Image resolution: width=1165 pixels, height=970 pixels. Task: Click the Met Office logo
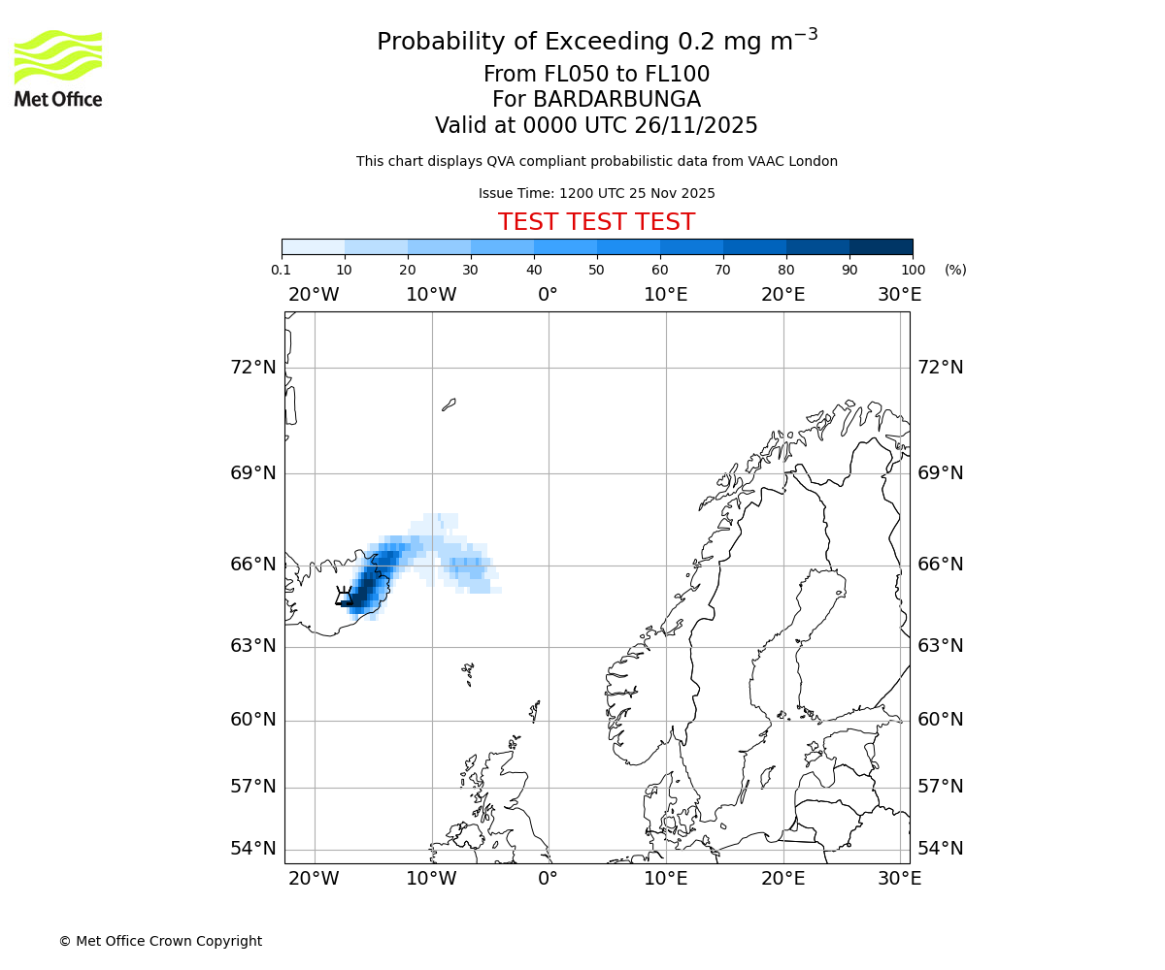pos(58,68)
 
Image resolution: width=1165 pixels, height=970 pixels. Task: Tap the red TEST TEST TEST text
pos(596,222)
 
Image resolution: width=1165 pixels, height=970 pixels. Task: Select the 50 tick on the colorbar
pos(596,270)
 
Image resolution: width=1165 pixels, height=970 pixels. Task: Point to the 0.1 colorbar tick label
pos(281,270)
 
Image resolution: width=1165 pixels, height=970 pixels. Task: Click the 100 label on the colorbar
pos(913,270)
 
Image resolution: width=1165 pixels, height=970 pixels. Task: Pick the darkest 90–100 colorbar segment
pos(881,246)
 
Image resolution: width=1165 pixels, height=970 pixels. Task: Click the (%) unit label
pos(955,270)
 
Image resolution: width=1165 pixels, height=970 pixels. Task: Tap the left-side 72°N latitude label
pos(252,368)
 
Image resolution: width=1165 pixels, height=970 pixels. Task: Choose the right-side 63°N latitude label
pos(941,646)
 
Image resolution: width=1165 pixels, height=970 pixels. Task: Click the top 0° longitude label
pos(548,295)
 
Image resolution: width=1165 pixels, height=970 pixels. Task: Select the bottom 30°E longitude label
pos(899,879)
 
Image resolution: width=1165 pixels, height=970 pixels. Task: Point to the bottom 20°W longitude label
pos(314,879)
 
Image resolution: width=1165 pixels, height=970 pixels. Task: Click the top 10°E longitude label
pos(665,295)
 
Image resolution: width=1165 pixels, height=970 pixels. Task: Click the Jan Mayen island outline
pos(449,404)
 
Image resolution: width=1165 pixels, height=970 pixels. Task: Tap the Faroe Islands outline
pos(468,671)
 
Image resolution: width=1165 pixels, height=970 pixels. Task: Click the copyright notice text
pos(160,941)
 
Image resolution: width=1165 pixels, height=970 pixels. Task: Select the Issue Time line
pos(596,194)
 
